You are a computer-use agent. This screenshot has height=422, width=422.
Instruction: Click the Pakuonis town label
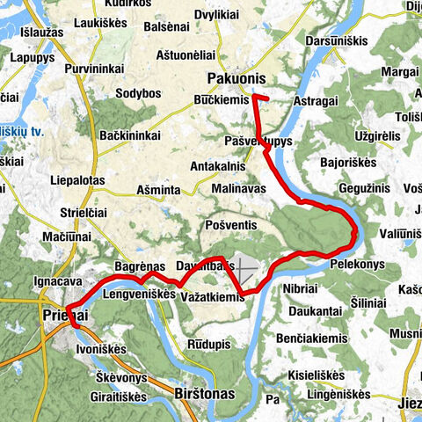click(236, 78)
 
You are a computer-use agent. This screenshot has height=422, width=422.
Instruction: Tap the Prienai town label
click(64, 314)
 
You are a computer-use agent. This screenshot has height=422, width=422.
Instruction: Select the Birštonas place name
click(205, 394)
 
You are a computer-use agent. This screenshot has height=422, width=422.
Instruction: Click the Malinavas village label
click(239, 187)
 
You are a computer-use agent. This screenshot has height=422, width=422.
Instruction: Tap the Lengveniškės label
click(140, 295)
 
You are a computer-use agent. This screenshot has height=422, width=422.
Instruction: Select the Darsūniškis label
click(337, 41)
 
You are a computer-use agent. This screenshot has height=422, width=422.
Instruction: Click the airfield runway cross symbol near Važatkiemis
click(245, 268)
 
